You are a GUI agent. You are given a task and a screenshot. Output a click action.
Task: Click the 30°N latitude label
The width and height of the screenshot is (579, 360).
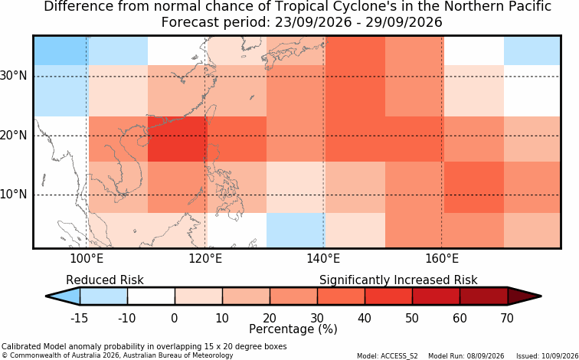[x=14, y=76]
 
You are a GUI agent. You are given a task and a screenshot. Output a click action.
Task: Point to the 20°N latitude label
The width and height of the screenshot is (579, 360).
[x=14, y=135]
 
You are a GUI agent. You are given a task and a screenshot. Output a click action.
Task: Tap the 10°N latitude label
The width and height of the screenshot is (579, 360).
[x=14, y=195]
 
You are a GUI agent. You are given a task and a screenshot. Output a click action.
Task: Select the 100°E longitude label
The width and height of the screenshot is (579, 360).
[x=87, y=259]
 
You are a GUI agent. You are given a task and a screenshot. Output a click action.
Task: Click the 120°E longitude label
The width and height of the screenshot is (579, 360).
[x=205, y=259]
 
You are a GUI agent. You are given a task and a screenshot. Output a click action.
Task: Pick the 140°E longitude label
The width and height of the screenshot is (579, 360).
[x=323, y=259]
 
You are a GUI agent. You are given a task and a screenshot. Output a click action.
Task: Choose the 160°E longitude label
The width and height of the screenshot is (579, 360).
[x=442, y=259]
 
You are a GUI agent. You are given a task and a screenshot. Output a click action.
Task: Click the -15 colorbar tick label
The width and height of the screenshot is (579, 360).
[x=79, y=318]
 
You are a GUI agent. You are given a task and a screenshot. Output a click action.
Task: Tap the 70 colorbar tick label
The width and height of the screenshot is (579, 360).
[x=507, y=318]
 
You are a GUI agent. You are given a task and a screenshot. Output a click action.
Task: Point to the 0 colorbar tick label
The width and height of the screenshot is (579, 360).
[x=175, y=318]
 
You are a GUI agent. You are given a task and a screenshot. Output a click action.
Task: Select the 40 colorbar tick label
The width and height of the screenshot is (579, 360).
[x=365, y=318]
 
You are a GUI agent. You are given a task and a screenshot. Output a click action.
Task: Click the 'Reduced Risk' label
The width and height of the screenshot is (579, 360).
[x=105, y=280]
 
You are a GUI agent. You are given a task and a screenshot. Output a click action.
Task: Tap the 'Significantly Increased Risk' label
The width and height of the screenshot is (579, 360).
[x=398, y=280]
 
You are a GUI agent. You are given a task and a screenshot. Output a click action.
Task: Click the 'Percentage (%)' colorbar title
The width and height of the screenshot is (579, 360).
[x=293, y=329]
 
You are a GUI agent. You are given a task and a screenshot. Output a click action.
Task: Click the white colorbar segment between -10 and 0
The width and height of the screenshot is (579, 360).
[x=151, y=296]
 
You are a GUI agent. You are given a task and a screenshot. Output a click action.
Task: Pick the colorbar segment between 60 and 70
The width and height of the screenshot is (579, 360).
[x=484, y=296]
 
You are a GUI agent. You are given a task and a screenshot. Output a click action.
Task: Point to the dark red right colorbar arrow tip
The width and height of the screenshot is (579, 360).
[x=541, y=296]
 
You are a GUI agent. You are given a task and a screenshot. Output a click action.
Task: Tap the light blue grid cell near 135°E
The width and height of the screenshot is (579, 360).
[x=296, y=230]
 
